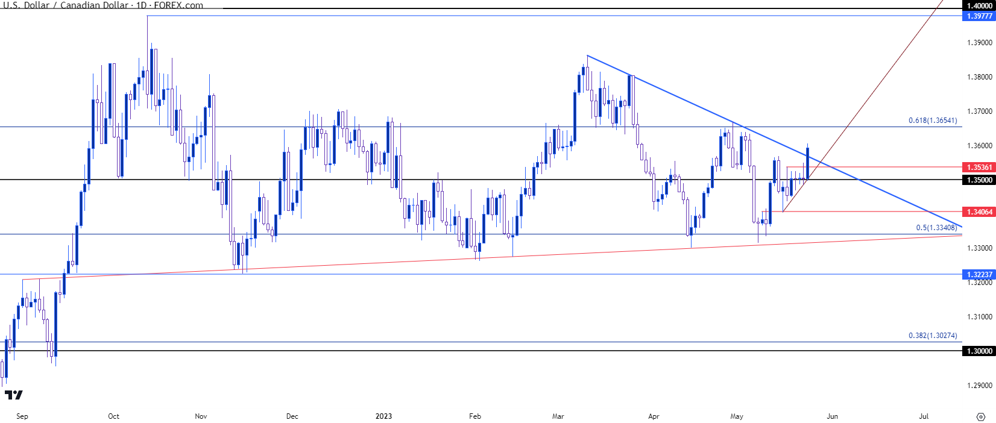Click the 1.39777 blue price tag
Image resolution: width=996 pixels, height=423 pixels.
[x=979, y=16]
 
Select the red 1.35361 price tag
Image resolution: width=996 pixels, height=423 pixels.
[x=979, y=168]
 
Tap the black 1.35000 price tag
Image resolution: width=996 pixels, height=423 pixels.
[x=979, y=180]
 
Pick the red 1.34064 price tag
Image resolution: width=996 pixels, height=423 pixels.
[x=979, y=212]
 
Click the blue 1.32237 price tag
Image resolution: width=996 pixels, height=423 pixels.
[x=979, y=274]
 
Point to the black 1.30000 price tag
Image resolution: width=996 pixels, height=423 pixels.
[x=979, y=351]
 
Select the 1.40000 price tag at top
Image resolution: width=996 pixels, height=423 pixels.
[x=979, y=5]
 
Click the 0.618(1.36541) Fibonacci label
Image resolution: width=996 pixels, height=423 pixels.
[x=933, y=121]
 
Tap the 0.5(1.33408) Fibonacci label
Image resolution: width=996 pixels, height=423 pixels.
[x=936, y=228]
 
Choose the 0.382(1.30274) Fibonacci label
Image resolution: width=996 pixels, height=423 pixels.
[x=933, y=336]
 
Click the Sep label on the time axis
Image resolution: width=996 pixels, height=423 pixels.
[x=22, y=416]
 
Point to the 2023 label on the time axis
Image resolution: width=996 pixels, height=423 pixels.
[x=383, y=416]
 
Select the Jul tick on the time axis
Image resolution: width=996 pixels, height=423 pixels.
[x=924, y=416]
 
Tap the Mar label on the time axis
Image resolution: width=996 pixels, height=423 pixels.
[x=558, y=416]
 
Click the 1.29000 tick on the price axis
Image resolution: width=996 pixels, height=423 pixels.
[x=979, y=386]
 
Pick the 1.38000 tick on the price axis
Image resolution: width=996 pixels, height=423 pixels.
[x=979, y=77]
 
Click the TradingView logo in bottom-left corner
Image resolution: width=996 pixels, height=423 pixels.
[x=13, y=395]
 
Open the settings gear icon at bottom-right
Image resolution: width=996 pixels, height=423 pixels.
[x=981, y=416]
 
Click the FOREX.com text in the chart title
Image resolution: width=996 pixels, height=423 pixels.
[x=178, y=5]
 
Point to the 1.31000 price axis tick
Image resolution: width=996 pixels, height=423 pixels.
[x=979, y=317]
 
